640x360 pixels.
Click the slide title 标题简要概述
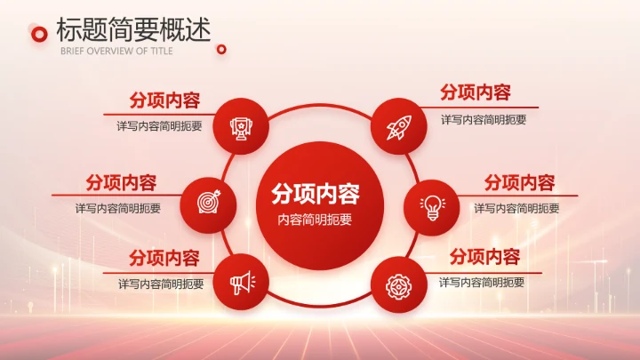[133, 29]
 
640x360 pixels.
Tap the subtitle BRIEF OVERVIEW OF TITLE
[116, 51]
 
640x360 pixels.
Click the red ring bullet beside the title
[39, 34]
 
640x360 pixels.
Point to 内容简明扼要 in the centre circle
[315, 220]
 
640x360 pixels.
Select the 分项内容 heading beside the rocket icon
[476, 92]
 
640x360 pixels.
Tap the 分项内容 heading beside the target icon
[121, 182]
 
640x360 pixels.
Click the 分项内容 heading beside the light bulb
[519, 182]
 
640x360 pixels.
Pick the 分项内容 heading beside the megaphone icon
[164, 259]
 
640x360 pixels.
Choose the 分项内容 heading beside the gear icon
[484, 258]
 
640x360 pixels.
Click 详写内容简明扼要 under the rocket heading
[484, 119]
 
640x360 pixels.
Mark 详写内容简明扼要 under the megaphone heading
[161, 284]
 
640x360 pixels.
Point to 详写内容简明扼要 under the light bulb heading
[516, 208]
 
